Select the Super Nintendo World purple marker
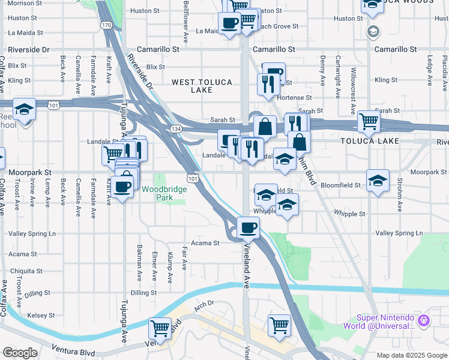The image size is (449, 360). point(424,321)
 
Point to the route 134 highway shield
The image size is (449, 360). point(176,129)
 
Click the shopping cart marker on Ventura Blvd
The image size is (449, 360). point(160,329)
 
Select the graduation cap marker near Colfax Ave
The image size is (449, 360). point(25,110)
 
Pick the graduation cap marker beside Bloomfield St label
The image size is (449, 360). point(378,180)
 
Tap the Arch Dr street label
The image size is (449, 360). point(204,304)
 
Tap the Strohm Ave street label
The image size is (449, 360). point(399,197)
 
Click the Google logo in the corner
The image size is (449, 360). point(20,353)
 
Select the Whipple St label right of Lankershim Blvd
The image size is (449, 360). point(350,214)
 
